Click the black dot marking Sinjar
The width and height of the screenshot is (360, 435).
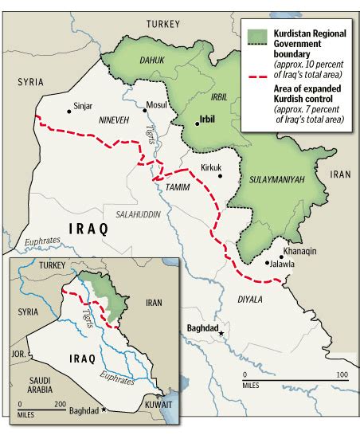pyautogui.click(x=68, y=112)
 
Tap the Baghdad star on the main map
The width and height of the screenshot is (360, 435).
pyautogui.click(x=222, y=332)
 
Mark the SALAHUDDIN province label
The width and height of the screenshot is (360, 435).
pyautogui.click(x=139, y=215)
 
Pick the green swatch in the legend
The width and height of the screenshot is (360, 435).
pyautogui.click(x=255, y=33)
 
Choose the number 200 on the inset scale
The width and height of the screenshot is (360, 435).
pyautogui.click(x=59, y=404)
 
